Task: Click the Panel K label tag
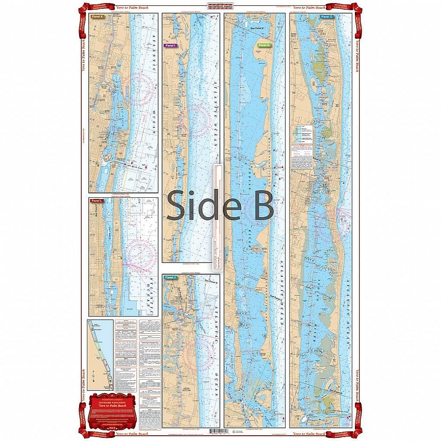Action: [97, 17]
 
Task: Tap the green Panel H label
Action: [264, 45]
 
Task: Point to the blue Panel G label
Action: [325, 17]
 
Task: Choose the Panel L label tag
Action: [96, 201]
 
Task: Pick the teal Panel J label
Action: [170, 277]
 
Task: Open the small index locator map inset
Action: [100, 354]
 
